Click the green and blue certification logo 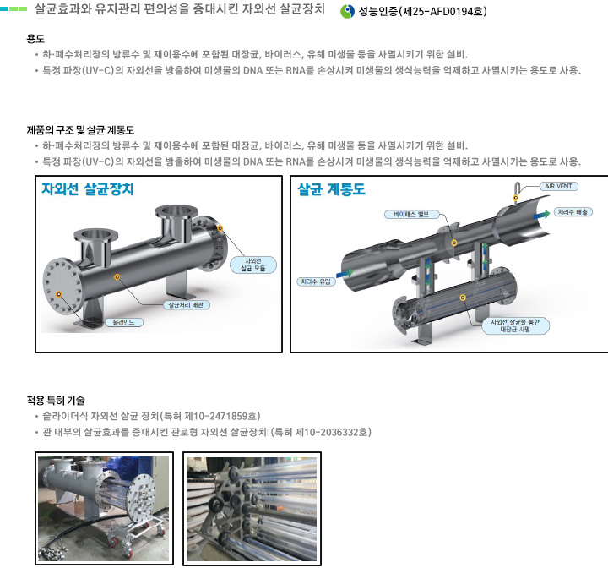[x=347, y=11]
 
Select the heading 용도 [x=35, y=38]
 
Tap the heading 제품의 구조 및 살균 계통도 [x=80, y=129]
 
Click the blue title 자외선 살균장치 [x=88, y=189]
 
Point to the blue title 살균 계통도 [x=331, y=189]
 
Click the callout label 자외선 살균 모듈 [x=253, y=265]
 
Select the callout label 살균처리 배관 [x=186, y=305]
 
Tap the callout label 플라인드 [x=123, y=322]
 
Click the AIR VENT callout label [x=559, y=186]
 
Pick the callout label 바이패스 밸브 [x=411, y=214]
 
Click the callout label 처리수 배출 [x=573, y=212]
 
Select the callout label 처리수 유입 [x=316, y=281]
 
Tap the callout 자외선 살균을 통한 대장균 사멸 [x=515, y=325]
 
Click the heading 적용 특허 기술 [x=56, y=400]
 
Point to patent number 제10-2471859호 [x=220, y=416]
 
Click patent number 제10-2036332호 [x=331, y=432]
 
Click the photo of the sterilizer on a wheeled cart [x=105, y=508]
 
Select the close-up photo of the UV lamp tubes [x=252, y=509]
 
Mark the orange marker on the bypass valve [x=454, y=243]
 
